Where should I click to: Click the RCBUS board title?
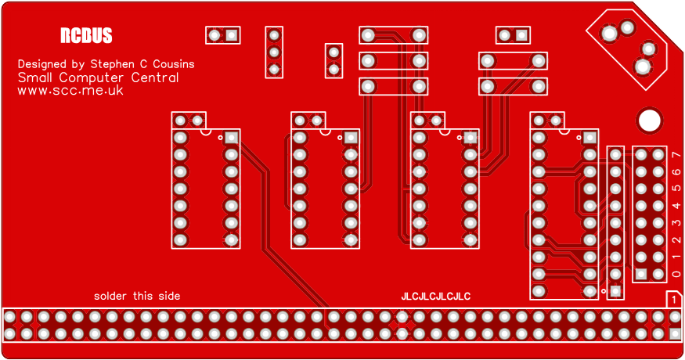click(x=86, y=36)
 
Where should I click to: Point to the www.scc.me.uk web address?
click(x=70, y=91)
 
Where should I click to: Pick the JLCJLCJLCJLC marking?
click(x=436, y=297)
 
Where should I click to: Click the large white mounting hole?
click(x=649, y=120)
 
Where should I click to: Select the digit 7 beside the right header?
click(x=676, y=155)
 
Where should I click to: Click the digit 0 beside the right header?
click(x=676, y=274)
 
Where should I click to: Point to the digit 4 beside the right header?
click(x=676, y=206)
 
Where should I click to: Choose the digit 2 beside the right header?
click(x=676, y=240)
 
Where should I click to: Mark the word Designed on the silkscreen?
click(x=42, y=63)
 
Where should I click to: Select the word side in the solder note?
click(x=168, y=296)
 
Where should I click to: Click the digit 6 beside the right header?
click(x=676, y=172)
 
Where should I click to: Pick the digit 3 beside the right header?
click(x=676, y=223)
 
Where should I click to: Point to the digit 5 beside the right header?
click(x=676, y=189)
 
